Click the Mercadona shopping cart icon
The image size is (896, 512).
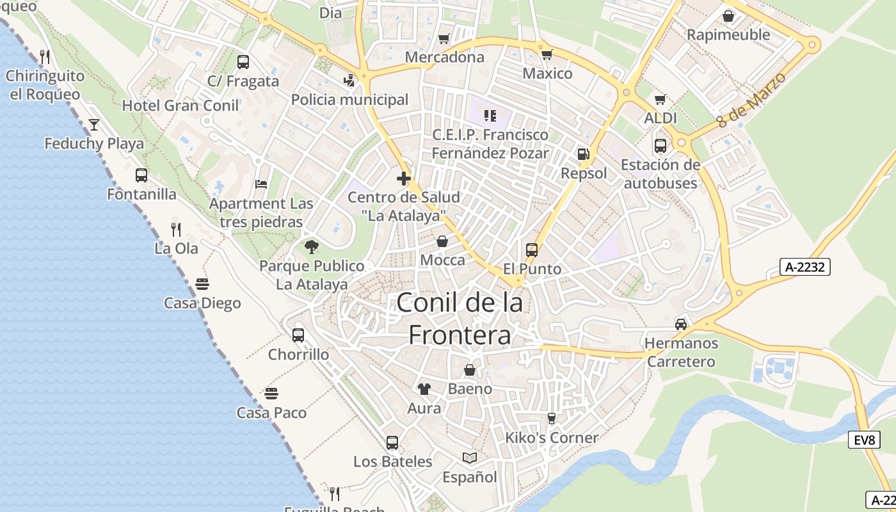[444, 38]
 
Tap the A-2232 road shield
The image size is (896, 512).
[804, 268]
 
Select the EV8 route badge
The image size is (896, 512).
[864, 440]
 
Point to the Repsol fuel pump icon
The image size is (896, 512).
[583, 154]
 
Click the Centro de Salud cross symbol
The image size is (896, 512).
[403, 179]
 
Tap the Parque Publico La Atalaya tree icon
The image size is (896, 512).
[312, 246]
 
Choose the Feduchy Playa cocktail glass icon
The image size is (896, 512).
[94, 124]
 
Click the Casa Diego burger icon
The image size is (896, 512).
[202, 284]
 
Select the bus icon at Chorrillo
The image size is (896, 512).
[298, 335]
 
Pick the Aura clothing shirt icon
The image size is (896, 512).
[424, 388]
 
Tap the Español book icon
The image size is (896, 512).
[470, 458]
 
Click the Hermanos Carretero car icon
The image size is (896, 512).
[681, 324]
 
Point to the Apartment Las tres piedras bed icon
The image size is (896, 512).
[261, 184]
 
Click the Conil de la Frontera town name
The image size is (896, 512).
[460, 319]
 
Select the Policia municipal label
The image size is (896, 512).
[349, 100]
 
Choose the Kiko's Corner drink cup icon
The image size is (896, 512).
[552, 418]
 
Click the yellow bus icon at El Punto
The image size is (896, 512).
[532, 250]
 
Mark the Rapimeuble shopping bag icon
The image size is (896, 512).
[728, 15]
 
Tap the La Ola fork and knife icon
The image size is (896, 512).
[176, 229]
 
